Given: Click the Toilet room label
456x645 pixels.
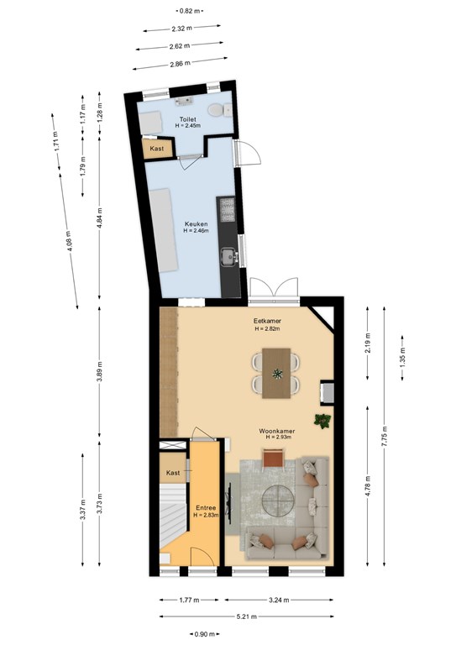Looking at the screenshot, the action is (187, 119).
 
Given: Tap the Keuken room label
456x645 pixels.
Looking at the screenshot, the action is (197, 224).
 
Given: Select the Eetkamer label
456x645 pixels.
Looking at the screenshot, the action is (267, 321).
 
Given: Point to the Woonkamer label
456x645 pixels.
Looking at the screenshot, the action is (277, 431).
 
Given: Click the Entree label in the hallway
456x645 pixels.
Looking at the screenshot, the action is (206, 507).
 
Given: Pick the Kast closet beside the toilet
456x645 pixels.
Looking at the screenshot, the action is (157, 149).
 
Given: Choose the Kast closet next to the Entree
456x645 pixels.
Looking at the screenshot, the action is (173, 473).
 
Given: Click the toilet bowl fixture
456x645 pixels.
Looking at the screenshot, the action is (220, 110).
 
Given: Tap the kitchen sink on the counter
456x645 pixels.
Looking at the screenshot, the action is (228, 257).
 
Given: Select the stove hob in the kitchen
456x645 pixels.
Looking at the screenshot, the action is (228, 210).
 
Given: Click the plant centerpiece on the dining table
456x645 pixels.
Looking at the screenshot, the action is (277, 374).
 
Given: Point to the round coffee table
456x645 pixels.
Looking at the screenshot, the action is (278, 501).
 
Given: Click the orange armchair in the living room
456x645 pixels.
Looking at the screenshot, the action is (274, 459).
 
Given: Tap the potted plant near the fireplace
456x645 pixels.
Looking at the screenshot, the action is (322, 421).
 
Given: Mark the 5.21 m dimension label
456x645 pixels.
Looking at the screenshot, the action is (247, 616).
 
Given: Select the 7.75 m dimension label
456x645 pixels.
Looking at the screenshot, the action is (384, 436).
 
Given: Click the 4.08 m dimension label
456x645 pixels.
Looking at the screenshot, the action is (69, 241).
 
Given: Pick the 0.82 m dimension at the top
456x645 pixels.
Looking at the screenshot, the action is (190, 11).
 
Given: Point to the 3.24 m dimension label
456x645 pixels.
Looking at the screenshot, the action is (279, 600).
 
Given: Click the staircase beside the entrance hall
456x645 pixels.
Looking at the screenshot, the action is (173, 514).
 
